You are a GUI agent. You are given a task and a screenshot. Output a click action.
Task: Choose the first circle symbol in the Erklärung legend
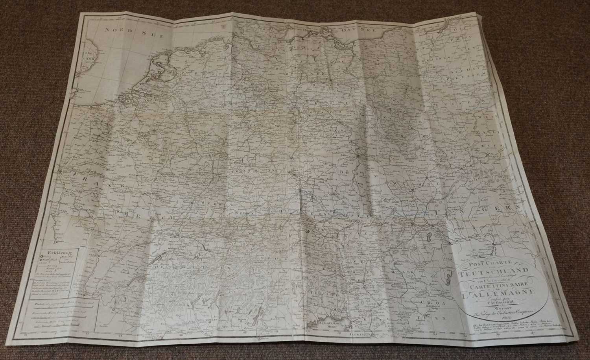coord(39,257)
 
